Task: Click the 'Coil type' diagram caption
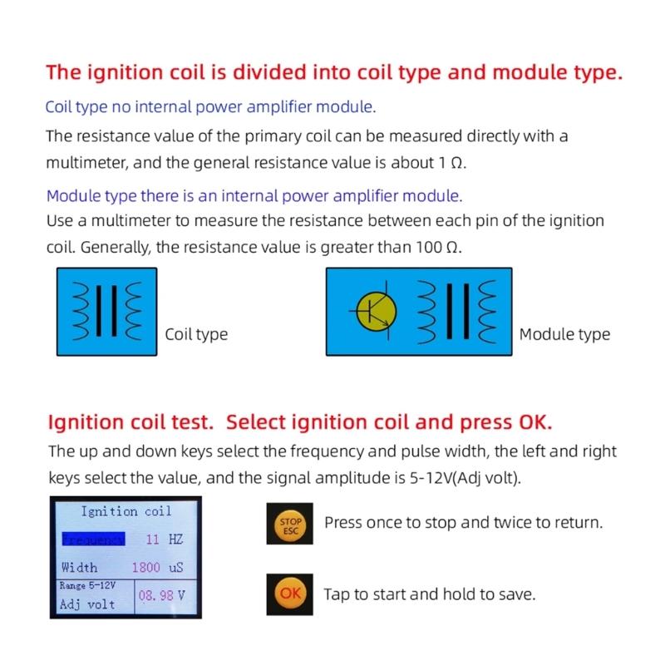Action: click(196, 335)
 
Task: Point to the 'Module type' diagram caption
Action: click(564, 335)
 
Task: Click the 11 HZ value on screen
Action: click(164, 539)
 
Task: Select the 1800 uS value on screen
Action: click(157, 568)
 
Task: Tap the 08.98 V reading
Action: click(161, 596)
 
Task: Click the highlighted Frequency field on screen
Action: click(92, 539)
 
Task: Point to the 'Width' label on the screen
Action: click(79, 568)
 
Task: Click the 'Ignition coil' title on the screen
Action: click(126, 511)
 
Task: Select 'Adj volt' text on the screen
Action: click(87, 604)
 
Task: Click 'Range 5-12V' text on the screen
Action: click(87, 585)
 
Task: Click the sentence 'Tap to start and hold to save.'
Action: click(429, 594)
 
